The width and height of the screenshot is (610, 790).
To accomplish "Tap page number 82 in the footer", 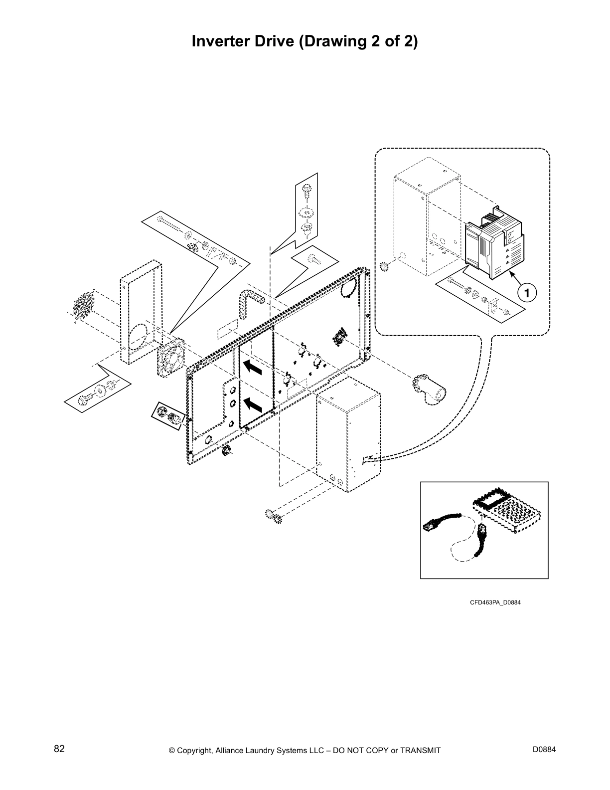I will tap(59, 749).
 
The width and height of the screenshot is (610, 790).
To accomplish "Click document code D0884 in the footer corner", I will tap(544, 750).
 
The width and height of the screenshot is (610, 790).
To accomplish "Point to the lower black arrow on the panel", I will tap(253, 403).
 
